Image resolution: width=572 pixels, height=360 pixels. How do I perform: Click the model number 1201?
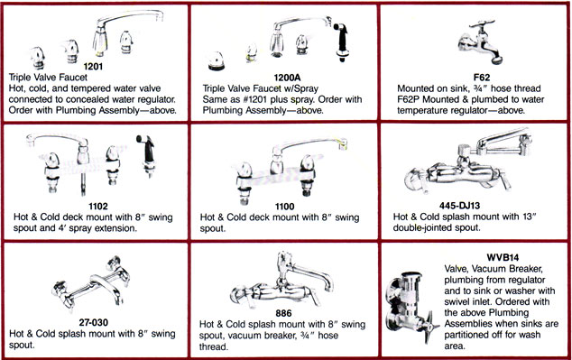click(93, 67)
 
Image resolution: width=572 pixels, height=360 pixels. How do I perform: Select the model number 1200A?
click(287, 78)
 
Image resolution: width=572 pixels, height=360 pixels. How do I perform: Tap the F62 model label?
click(482, 78)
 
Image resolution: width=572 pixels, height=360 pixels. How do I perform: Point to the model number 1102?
click(98, 207)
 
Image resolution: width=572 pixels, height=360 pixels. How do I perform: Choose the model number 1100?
click(284, 207)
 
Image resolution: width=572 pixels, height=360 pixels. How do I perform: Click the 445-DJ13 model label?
click(459, 206)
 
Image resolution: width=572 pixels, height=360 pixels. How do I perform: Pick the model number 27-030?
click(94, 322)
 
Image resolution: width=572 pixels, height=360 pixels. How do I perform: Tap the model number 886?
click(284, 313)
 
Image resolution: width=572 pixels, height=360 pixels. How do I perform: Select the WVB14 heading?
click(503, 257)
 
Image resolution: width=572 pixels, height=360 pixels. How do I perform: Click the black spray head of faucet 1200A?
click(342, 41)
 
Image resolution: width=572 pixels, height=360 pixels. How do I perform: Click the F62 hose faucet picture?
click(481, 42)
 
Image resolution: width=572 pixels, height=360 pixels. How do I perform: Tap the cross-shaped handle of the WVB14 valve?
click(429, 326)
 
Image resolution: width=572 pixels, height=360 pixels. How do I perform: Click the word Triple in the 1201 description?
click(20, 78)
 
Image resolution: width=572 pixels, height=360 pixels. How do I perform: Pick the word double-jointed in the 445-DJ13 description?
click(420, 227)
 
